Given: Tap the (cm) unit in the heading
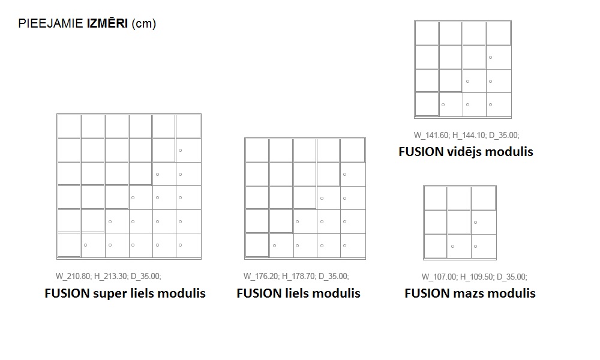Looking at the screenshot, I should tap(143, 25).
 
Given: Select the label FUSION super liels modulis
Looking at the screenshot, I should tap(125, 293).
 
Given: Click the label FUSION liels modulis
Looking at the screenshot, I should tap(299, 293).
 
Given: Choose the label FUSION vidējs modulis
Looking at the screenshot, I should tap(466, 151).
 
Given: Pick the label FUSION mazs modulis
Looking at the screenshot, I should tap(470, 293).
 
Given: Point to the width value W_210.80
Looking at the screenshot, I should tap(73, 277).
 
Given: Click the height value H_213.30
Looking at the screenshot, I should tap(111, 277).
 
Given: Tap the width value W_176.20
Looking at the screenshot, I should tap(262, 277).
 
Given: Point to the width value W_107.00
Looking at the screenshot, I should tap(439, 277).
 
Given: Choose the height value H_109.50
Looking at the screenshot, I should tap(477, 277).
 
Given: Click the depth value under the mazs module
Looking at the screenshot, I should tap(512, 277).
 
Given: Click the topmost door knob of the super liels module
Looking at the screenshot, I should tap(180, 150).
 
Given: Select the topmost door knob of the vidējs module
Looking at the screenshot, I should tap(490, 57).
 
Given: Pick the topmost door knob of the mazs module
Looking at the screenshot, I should tap(475, 223).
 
